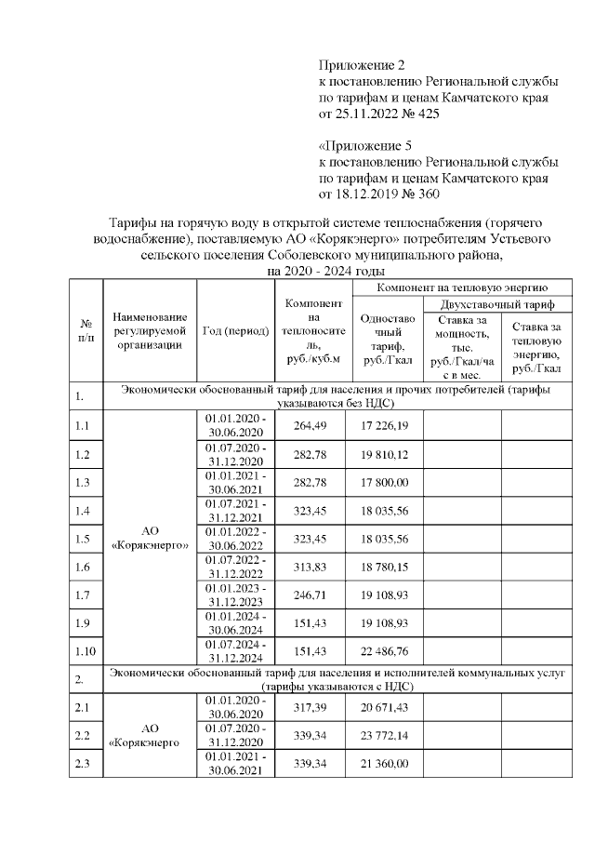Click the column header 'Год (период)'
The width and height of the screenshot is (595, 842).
click(x=235, y=332)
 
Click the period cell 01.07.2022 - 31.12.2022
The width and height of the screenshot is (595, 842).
click(x=235, y=567)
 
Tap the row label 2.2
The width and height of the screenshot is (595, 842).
click(x=84, y=737)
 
